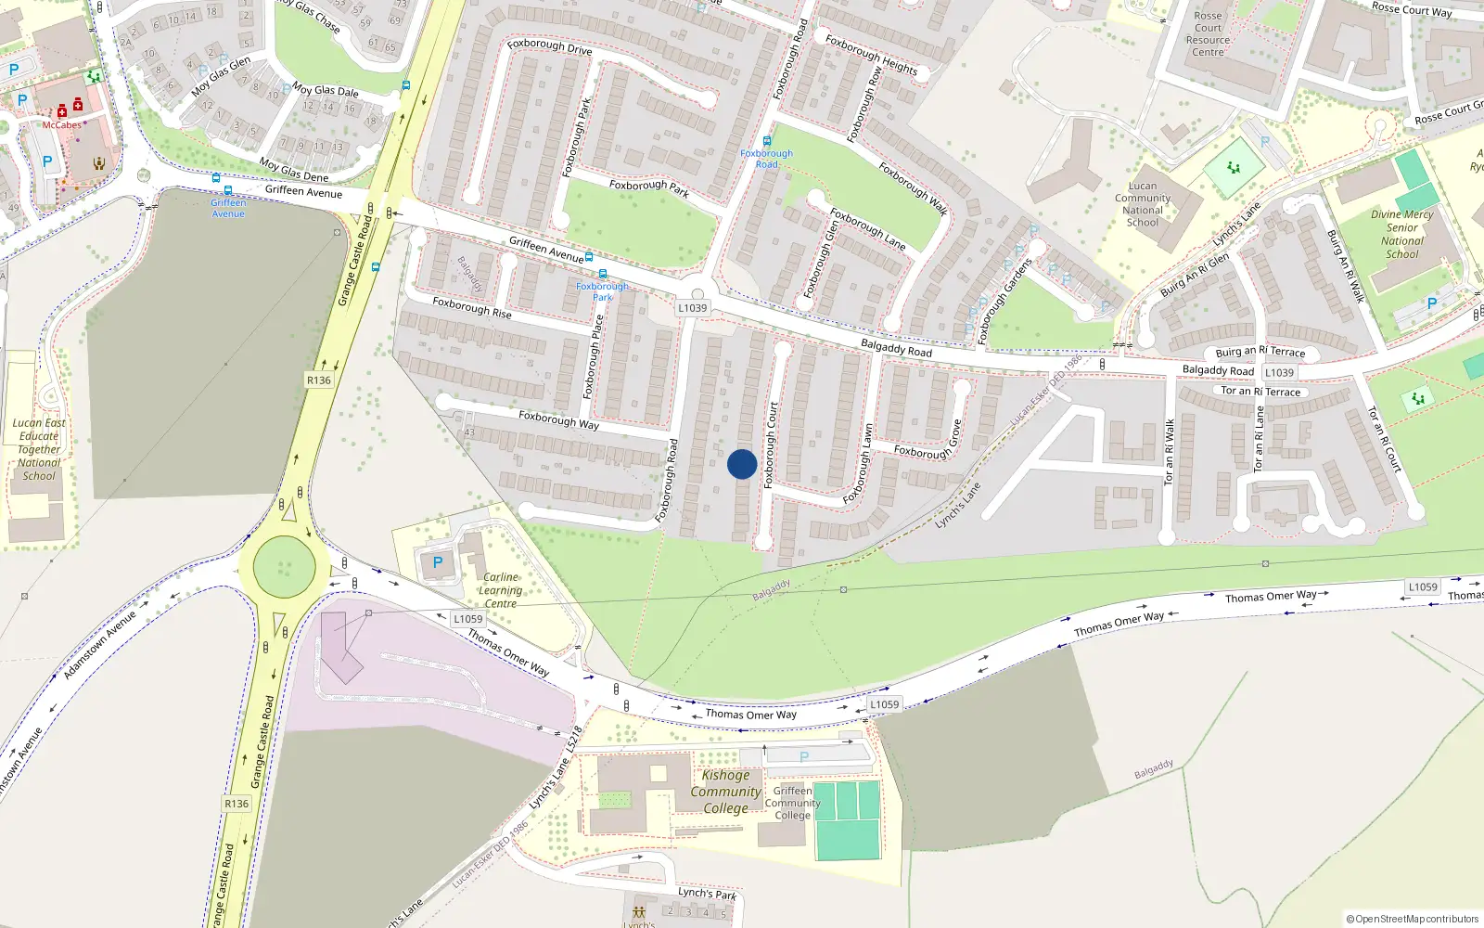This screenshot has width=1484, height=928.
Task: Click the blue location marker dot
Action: (x=742, y=464)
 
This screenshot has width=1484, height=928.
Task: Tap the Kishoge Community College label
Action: (x=725, y=792)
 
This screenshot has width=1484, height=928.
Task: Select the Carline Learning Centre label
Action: (x=500, y=590)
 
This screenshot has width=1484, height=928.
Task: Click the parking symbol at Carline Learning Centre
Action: (x=438, y=562)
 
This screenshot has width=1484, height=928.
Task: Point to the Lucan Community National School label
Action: (x=1143, y=204)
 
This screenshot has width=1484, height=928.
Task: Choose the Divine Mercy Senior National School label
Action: (x=1401, y=234)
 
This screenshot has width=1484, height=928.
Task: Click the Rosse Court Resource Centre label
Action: (x=1208, y=33)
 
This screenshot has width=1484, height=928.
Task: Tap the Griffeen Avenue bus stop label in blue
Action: (x=228, y=208)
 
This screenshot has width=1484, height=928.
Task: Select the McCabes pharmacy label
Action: (x=62, y=125)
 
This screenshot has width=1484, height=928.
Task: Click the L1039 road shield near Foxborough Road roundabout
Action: (x=692, y=308)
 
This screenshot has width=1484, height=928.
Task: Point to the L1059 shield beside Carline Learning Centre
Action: (x=468, y=619)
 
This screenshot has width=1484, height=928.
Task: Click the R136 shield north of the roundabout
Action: (x=318, y=380)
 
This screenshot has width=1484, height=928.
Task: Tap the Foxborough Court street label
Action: (x=771, y=445)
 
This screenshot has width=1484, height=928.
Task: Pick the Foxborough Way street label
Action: (x=558, y=419)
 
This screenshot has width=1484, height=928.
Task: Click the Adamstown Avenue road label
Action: (x=99, y=644)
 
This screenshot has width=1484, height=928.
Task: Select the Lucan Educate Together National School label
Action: (x=39, y=449)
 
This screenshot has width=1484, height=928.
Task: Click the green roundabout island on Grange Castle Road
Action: (x=284, y=567)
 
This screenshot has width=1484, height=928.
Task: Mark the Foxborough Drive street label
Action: (x=549, y=45)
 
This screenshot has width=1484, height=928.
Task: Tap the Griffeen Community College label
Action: (x=792, y=804)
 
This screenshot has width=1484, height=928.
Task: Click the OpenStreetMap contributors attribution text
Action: (x=1413, y=919)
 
